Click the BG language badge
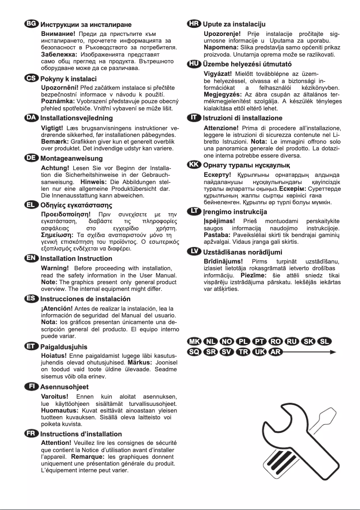[32, 24]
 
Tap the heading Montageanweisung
[71, 158]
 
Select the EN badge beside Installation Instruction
[32, 258]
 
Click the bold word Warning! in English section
[55, 268]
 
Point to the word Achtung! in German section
[55, 168]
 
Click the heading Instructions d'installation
[81, 434]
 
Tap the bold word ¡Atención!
[57, 308]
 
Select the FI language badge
[32, 386]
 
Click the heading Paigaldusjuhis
[64, 347]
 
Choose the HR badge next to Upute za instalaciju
[194, 24]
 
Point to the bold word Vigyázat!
[218, 74]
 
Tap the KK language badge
[194, 165]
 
